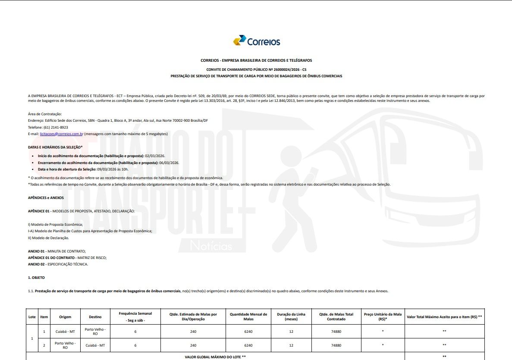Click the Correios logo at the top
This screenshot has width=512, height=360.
(x=256, y=41)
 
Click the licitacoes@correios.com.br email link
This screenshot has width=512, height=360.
(x=61, y=134)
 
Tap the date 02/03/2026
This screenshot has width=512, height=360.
(x=155, y=155)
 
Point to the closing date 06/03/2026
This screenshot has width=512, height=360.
(x=169, y=162)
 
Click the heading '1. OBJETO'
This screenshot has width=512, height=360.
(x=36, y=278)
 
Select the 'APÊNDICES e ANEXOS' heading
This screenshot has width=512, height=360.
(x=46, y=198)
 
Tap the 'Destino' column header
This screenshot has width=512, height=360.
(x=95, y=317)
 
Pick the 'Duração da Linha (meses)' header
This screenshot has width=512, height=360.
(x=291, y=317)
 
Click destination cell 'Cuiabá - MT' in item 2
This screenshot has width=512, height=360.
(x=95, y=345)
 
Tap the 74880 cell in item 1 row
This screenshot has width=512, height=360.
(x=336, y=331)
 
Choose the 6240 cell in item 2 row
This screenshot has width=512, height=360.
(x=248, y=345)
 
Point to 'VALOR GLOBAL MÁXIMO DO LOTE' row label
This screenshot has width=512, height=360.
(x=215, y=357)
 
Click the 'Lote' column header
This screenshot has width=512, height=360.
(x=32, y=317)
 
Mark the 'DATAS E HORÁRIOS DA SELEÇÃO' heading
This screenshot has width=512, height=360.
(x=55, y=147)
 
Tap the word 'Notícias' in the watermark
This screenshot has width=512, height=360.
(x=211, y=246)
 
